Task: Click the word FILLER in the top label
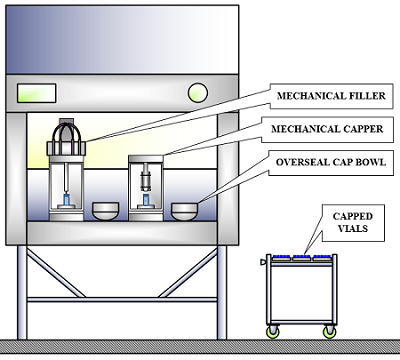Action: [367, 96]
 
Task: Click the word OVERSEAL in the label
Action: [298, 162]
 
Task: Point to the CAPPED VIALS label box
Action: [353, 223]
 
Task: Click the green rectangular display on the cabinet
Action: [37, 93]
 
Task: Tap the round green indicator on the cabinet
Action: [198, 93]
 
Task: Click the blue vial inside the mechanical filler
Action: [67, 199]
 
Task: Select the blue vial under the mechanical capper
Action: [146, 200]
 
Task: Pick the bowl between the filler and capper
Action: [105, 211]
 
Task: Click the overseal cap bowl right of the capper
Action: [184, 212]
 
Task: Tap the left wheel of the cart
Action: [273, 332]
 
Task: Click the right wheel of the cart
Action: [330, 332]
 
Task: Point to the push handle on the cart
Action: [263, 262]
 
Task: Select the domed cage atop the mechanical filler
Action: [66, 133]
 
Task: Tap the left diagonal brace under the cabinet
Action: [56, 273]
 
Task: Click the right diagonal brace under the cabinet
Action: [188, 273]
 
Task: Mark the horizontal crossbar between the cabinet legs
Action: [122, 300]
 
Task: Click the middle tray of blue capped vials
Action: [302, 257]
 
